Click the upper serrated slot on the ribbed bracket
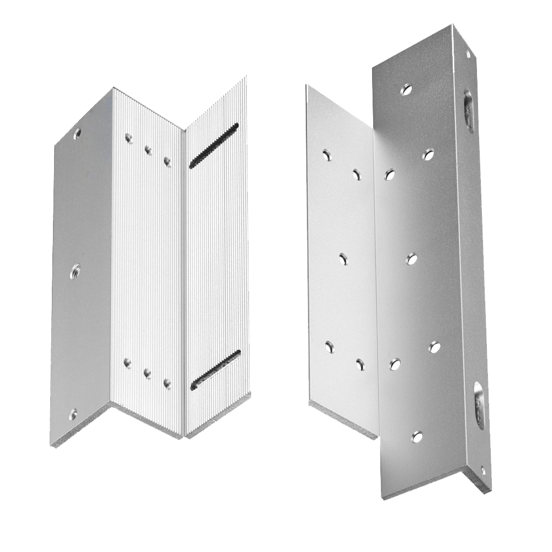(x=214, y=146)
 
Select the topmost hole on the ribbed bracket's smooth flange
(x=77, y=132)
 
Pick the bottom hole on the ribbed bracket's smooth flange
(x=73, y=412)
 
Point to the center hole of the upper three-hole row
(x=148, y=150)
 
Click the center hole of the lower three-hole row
(x=147, y=373)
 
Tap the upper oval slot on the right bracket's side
(x=469, y=112)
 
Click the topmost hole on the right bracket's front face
(x=407, y=88)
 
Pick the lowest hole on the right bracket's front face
(x=418, y=437)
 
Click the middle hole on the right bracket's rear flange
(x=343, y=258)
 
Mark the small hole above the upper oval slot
(x=469, y=55)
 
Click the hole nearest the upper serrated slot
(x=167, y=162)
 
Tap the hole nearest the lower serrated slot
(x=167, y=383)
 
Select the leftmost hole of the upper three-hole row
(x=129, y=138)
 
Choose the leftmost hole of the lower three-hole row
(x=128, y=363)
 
